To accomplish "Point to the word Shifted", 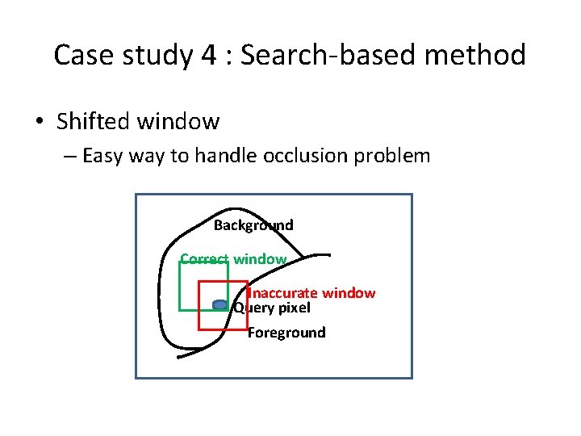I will (x=94, y=122).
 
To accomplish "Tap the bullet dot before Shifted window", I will (x=40, y=123).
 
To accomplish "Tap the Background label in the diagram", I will (x=253, y=225).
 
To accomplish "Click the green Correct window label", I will (x=233, y=259).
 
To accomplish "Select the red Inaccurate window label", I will (x=311, y=293).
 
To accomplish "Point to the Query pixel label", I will (x=272, y=308).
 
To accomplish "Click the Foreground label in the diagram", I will (x=286, y=333).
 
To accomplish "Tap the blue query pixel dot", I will (x=219, y=304).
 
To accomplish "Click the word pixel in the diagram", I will (x=293, y=308).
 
